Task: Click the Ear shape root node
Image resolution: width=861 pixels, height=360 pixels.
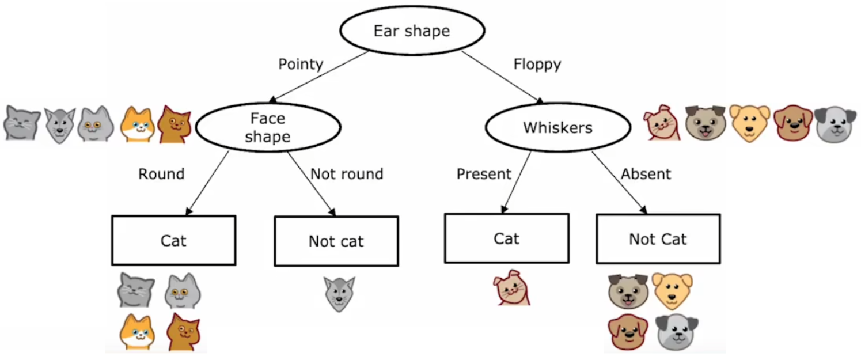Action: tap(412, 31)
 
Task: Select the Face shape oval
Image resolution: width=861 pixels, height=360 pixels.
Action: tap(268, 127)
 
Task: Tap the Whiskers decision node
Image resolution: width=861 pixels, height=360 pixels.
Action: tap(557, 128)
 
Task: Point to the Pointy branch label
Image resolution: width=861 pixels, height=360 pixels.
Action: tap(301, 64)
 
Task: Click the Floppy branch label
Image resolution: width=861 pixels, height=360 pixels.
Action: tap(537, 64)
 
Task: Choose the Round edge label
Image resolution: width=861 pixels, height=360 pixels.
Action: tap(161, 174)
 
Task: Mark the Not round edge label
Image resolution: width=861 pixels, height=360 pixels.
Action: tap(347, 174)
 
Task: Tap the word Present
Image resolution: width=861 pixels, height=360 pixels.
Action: tap(484, 174)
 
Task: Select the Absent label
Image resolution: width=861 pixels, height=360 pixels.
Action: tap(646, 174)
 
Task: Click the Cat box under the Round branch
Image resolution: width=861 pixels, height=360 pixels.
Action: tap(173, 240)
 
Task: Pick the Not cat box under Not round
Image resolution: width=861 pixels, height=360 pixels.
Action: tap(336, 241)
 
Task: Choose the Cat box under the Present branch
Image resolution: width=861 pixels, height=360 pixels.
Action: tap(506, 238)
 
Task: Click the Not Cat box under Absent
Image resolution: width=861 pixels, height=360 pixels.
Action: tap(658, 239)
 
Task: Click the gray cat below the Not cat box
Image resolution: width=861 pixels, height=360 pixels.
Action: tap(339, 294)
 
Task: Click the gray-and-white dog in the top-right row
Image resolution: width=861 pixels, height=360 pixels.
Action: tap(836, 124)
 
